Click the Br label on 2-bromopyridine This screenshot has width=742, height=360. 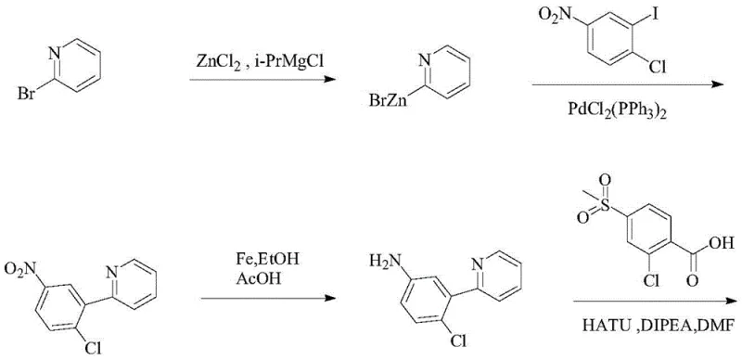coord(25,96)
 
